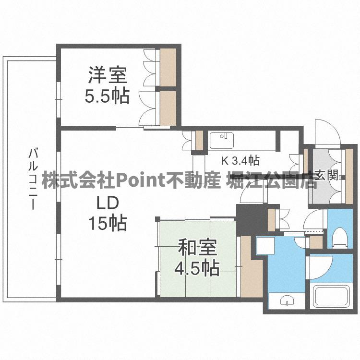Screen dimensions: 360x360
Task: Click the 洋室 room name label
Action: pos(107,76)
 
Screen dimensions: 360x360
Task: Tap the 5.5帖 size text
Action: pos(107,96)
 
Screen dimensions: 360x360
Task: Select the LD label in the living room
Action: pos(107,204)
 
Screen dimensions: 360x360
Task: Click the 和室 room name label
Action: pos(197,249)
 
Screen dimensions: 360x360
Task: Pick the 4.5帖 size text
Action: pos(197,268)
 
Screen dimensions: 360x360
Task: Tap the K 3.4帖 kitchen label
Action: pos(240,160)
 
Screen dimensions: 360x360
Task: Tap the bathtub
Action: pos(330,297)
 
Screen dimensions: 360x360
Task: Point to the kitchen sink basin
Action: pos(221,140)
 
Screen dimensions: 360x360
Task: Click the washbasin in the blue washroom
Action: pos(285,300)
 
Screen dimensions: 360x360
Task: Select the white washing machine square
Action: pos(264,245)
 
